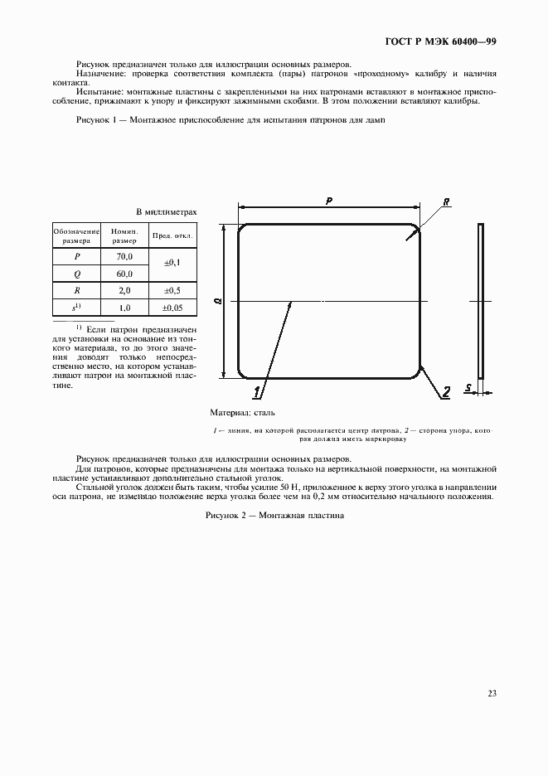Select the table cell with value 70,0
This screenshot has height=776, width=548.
coord(124,257)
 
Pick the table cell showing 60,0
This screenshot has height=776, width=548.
coord(124,274)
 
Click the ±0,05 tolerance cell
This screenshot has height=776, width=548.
coord(173,308)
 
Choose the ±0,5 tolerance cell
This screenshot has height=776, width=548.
coord(173,291)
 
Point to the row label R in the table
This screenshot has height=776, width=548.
coord(76,291)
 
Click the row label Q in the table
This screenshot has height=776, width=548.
coord(76,274)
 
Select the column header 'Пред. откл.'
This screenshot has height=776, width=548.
coord(173,235)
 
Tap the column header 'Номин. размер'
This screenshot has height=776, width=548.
coord(124,235)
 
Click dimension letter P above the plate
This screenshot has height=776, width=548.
coord(329,201)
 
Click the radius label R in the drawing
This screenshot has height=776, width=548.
coord(446,201)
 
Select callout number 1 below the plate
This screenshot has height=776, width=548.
coord(259,390)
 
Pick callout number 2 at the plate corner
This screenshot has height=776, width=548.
coord(444,393)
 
